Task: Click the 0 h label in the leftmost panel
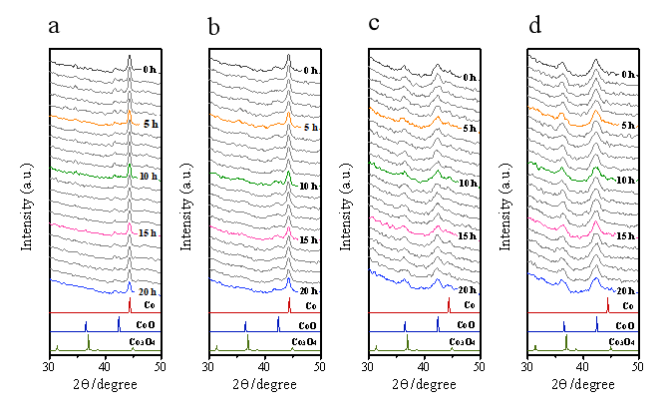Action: (x=150, y=70)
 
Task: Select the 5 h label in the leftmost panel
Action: (x=150, y=124)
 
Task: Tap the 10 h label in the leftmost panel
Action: (x=148, y=177)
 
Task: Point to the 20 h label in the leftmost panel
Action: (x=148, y=292)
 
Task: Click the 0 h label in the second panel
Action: (x=310, y=71)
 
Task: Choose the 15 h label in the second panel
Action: (x=308, y=240)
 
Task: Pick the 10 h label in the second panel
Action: (x=308, y=187)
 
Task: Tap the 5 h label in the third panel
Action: (x=470, y=129)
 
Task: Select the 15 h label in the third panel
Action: (x=468, y=236)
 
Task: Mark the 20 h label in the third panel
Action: (x=468, y=290)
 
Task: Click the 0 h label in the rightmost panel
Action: (x=628, y=75)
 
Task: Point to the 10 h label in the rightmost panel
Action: (x=626, y=182)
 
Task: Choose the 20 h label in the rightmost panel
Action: (x=626, y=292)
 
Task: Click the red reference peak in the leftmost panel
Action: (x=130, y=304)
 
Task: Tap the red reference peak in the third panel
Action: (x=449, y=304)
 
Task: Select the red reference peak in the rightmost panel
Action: (x=607, y=304)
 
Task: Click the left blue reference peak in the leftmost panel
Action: (x=86, y=325)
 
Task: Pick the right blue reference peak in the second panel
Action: (x=278, y=324)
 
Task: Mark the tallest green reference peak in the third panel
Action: (x=407, y=341)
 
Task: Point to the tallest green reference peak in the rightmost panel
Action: (x=566, y=341)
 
